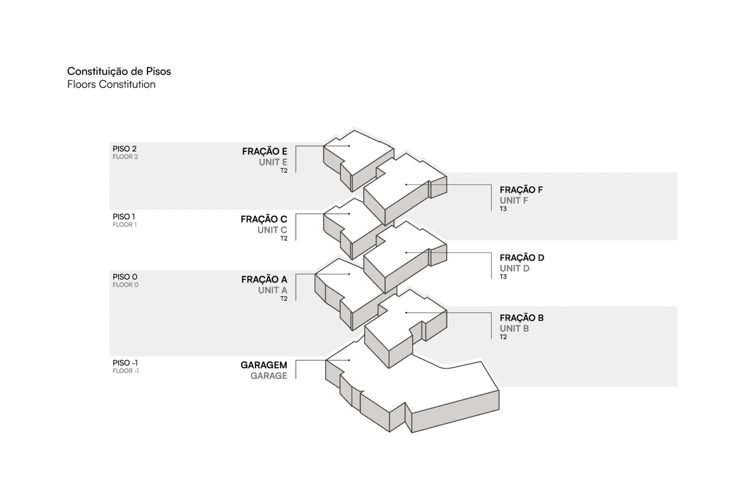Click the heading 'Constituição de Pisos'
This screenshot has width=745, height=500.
click(119, 71)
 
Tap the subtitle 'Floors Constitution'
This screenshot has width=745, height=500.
click(111, 84)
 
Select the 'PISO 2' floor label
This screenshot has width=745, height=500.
click(125, 149)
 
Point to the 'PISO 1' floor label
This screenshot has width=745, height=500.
click(124, 217)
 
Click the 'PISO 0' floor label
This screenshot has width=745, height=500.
click(125, 277)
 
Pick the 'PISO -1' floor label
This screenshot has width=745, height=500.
click(125, 363)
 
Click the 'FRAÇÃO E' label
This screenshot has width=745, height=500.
click(264, 152)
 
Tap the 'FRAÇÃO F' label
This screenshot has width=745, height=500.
click(521, 190)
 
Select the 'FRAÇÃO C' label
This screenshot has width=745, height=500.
click(264, 220)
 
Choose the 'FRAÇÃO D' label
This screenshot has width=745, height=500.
click(522, 258)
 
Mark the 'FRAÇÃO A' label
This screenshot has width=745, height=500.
click(264, 280)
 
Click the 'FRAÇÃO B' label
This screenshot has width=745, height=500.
click(521, 318)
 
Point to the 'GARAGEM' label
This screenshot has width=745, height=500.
click(264, 365)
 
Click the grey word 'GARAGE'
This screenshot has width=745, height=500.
click(269, 376)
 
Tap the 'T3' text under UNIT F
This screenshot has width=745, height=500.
click(503, 209)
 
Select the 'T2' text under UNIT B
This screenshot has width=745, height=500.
click(503, 337)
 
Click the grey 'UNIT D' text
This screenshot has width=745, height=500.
click(515, 269)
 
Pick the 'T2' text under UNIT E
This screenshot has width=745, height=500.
click(284, 171)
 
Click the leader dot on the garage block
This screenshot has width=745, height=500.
click(349, 360)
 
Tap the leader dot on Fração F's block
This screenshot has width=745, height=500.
click(406, 185)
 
